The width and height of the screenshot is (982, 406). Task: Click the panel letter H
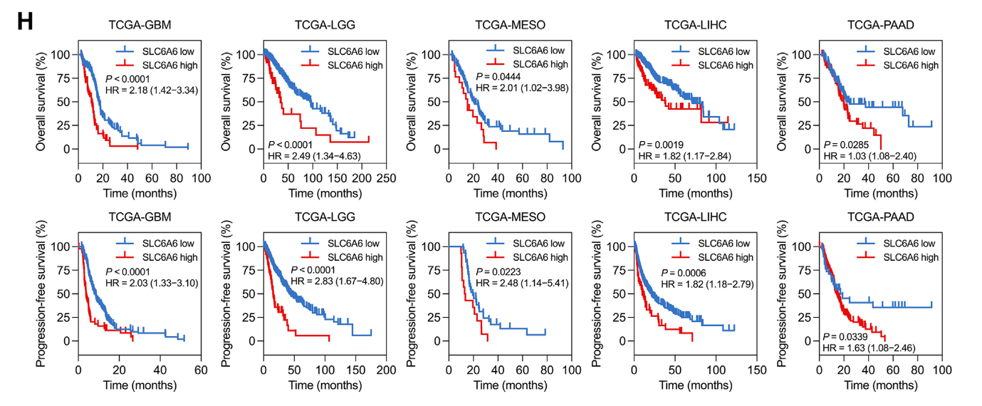click(x=25, y=21)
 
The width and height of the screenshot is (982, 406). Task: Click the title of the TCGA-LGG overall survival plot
click(x=325, y=26)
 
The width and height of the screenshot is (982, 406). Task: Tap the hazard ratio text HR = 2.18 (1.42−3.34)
click(x=151, y=90)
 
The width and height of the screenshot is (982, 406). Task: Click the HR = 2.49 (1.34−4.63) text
click(x=315, y=156)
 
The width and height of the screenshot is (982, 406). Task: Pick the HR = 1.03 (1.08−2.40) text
click(x=869, y=156)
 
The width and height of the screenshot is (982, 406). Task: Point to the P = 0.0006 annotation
click(x=685, y=273)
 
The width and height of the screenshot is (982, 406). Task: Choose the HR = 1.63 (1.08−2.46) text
click(x=869, y=348)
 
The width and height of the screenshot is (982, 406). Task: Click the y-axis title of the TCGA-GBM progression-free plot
click(x=41, y=293)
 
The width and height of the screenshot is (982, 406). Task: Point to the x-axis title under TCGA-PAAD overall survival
click(x=880, y=193)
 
